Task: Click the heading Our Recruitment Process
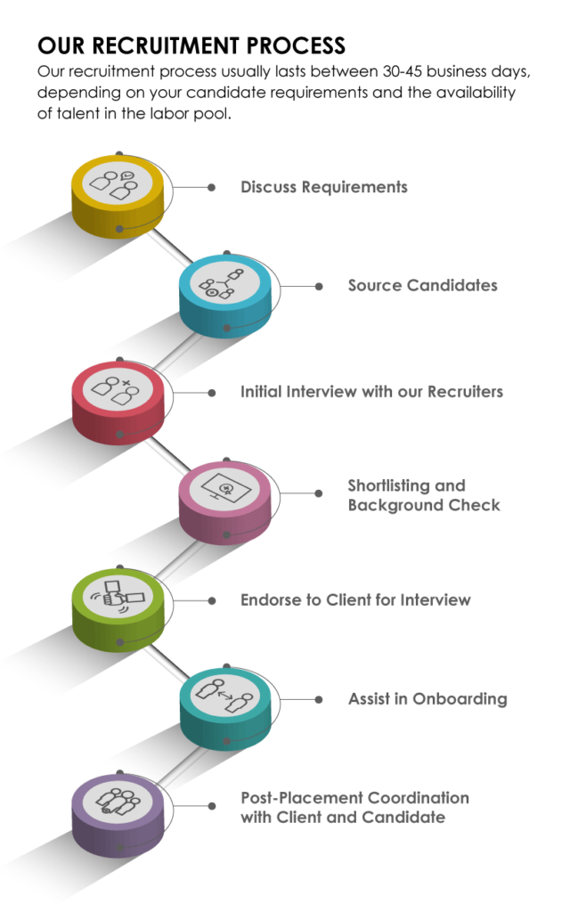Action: click(191, 45)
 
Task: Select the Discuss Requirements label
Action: click(324, 187)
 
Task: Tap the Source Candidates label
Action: click(422, 286)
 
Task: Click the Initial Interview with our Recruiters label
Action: click(371, 392)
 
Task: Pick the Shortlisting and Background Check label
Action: click(423, 496)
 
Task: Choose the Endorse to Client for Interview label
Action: click(355, 600)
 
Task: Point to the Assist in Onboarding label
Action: click(428, 699)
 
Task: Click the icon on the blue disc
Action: click(225, 283)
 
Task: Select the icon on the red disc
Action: click(118, 389)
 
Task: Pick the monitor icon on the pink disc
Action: click(225, 489)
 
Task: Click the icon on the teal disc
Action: click(225, 696)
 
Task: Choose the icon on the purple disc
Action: click(118, 803)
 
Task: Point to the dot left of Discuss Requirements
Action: click(211, 188)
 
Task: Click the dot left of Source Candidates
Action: click(319, 287)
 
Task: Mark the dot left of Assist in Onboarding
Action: click(319, 699)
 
